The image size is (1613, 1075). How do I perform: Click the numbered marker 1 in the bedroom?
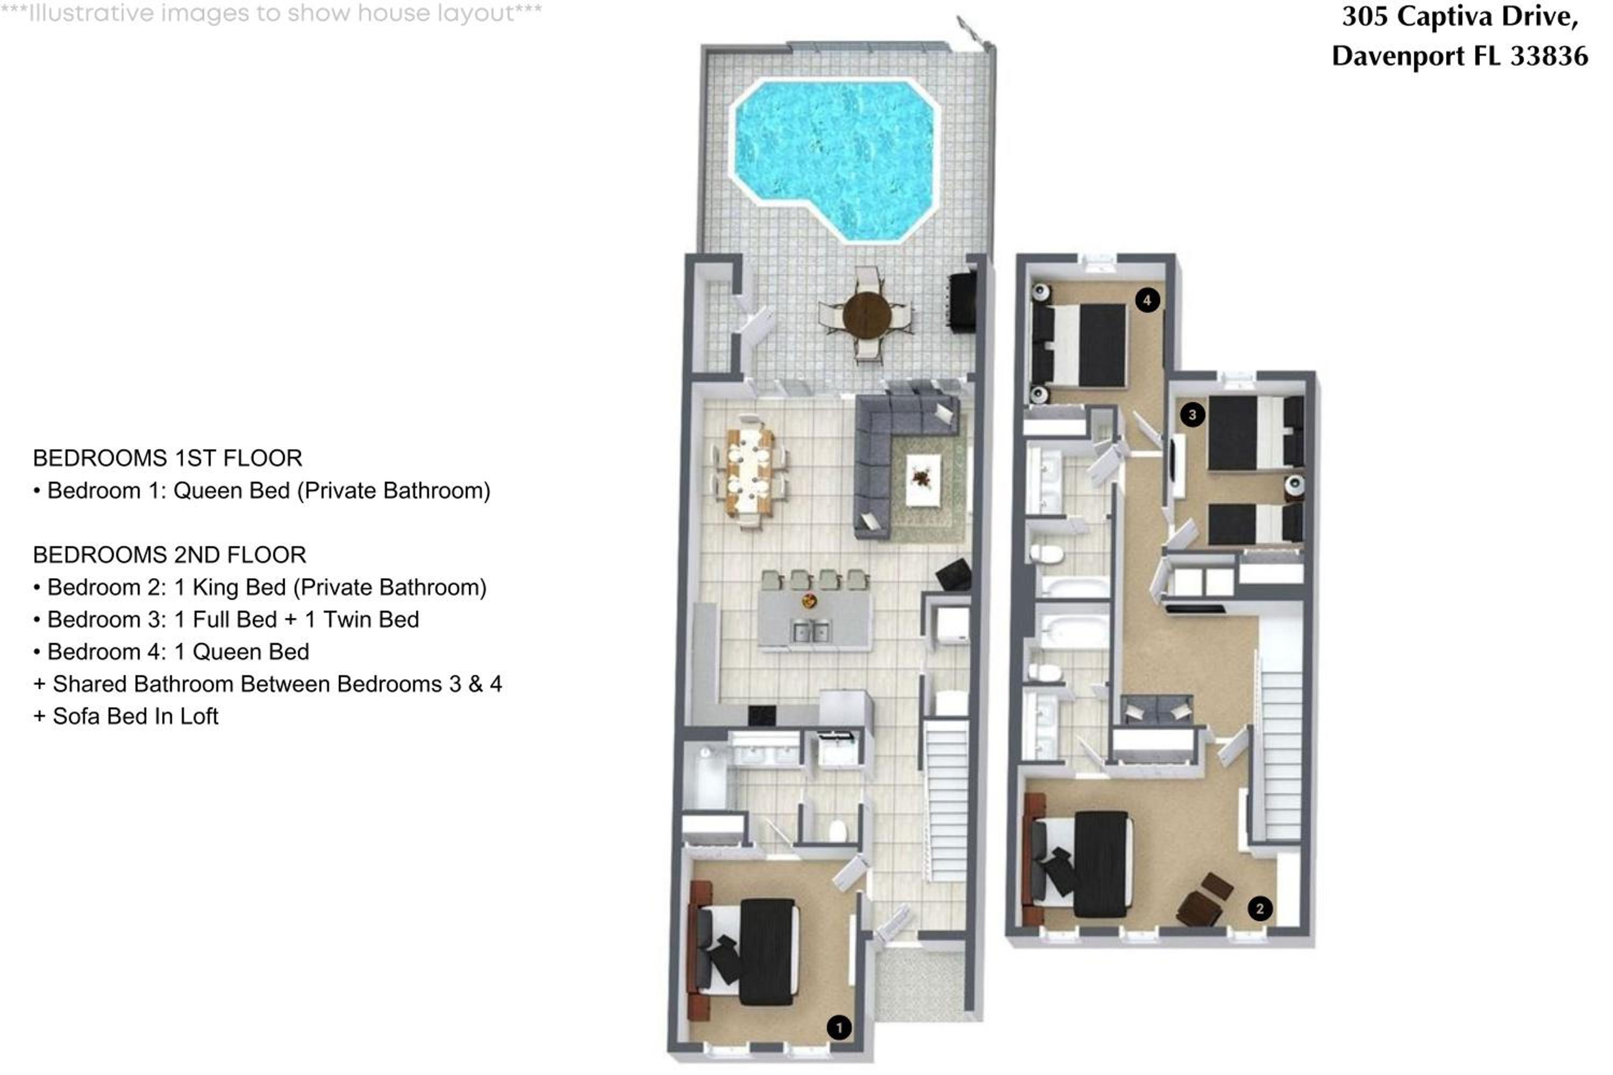[x=839, y=1027]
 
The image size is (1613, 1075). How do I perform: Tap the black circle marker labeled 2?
[x=1259, y=908]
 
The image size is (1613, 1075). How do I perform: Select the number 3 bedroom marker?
[x=1192, y=414]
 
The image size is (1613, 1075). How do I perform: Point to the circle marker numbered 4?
[x=1147, y=299]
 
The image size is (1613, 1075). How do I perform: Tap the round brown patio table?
[x=866, y=314]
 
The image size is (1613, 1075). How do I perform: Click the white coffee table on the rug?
[x=923, y=480]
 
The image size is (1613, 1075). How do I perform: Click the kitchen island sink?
[x=811, y=630]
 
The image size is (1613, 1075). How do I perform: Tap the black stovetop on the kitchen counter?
[x=761, y=715]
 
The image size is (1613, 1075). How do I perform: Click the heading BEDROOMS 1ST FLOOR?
[x=167, y=458]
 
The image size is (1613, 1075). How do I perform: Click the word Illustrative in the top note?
[x=92, y=13]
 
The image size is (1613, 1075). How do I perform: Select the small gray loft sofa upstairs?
[x=1157, y=709]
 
